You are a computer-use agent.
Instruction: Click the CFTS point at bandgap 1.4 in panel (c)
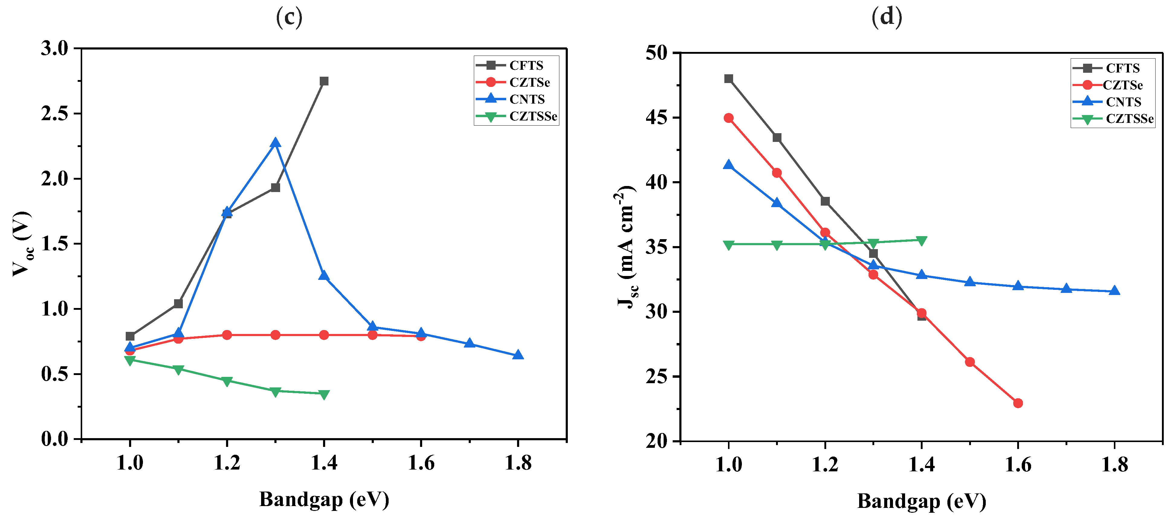(x=324, y=81)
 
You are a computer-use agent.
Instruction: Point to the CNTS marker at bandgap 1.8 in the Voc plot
(x=518, y=355)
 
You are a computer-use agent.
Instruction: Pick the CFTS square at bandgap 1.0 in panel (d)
(x=729, y=79)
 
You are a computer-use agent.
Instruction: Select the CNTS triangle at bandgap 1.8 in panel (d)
(x=1114, y=291)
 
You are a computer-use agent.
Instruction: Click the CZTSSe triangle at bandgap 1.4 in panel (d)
(x=921, y=241)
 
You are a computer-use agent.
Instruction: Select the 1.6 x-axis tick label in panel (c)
(x=421, y=463)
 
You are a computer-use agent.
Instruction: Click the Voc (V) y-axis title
(x=22, y=244)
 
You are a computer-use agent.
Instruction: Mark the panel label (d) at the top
(x=886, y=17)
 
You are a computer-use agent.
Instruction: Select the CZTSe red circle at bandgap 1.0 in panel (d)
(x=729, y=118)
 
